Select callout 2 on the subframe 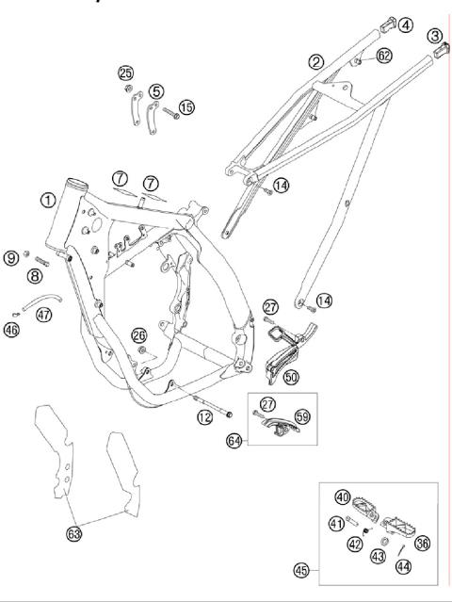coord(316,62)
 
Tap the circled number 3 coord(434,35)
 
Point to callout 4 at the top coord(404,24)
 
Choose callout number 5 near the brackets coord(155,92)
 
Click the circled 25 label coord(125,73)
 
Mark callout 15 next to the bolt coord(186,107)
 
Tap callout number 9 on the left coord(11,255)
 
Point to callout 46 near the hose coord(11,330)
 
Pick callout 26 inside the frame coord(139,335)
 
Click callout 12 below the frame coord(202,417)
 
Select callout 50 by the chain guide coord(291,377)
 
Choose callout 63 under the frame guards coord(73,533)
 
